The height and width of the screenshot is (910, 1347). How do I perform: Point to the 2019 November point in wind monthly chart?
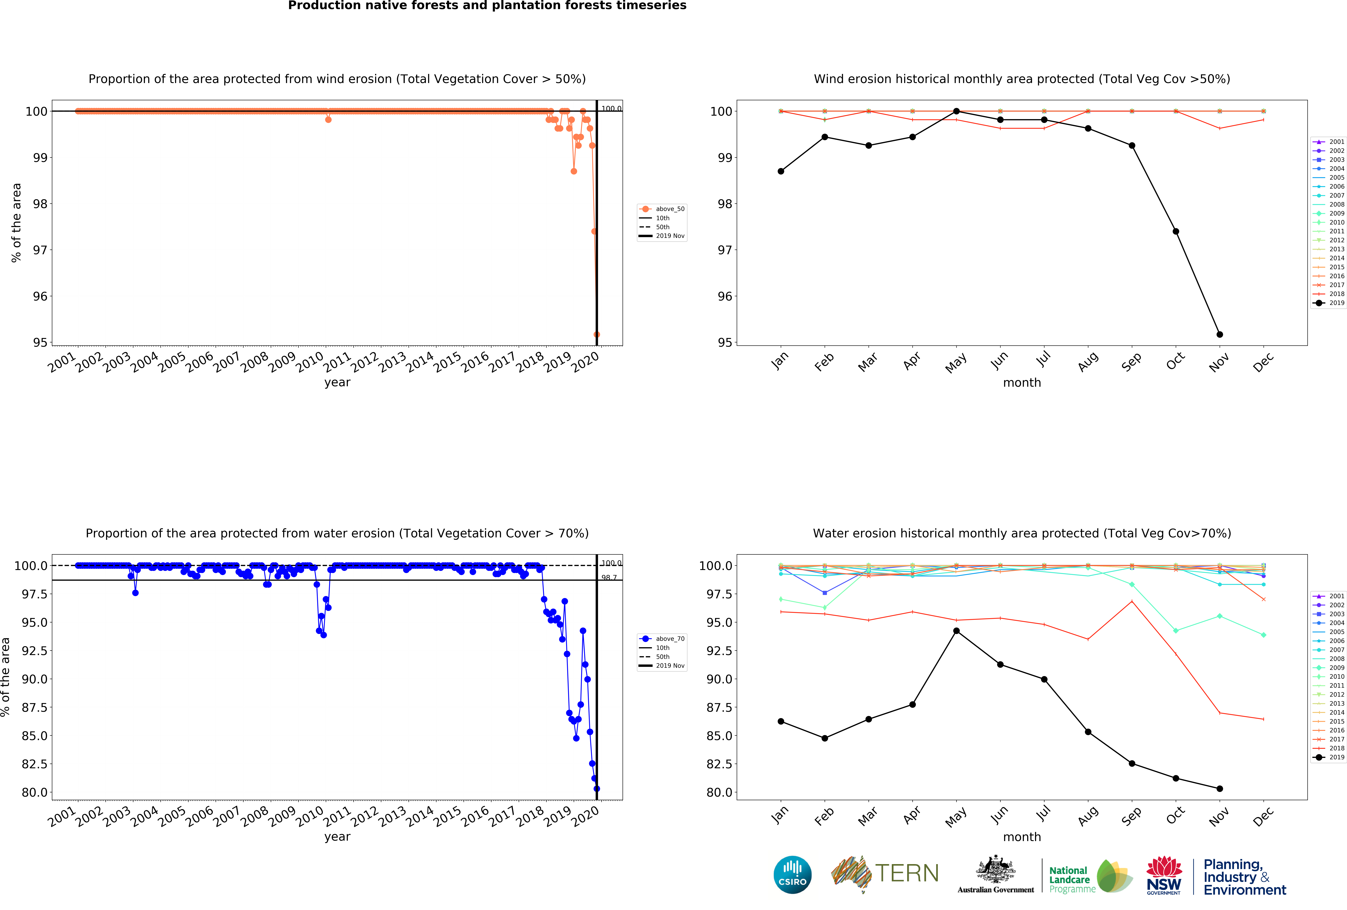(1219, 334)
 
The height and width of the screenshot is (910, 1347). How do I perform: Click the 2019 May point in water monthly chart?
(956, 631)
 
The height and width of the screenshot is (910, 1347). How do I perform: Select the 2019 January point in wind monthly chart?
(781, 171)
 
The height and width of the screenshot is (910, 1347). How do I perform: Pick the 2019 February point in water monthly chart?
(825, 738)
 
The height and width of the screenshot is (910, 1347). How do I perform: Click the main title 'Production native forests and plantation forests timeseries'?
(487, 6)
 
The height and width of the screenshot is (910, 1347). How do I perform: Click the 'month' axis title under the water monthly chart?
(1022, 837)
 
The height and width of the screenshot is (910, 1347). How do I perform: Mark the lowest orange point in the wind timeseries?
(596, 334)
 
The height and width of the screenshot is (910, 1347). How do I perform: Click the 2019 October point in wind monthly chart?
(1175, 231)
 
